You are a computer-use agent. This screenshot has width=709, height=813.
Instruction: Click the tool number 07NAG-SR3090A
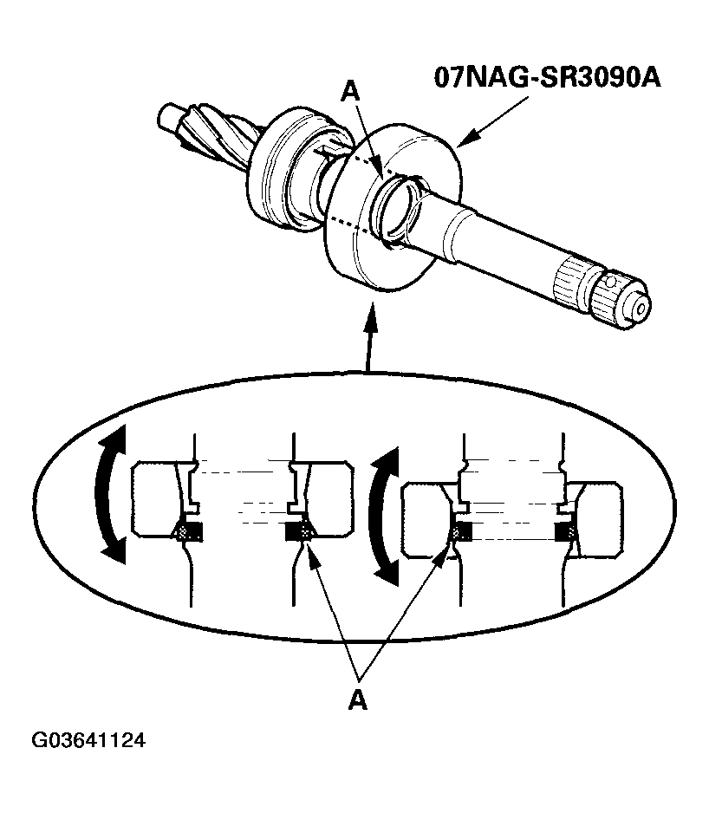[548, 77]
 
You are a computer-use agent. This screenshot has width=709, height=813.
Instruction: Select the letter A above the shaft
[349, 91]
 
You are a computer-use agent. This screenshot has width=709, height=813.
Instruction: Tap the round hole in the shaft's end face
[641, 306]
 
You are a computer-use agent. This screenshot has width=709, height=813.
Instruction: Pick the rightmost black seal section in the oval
[568, 531]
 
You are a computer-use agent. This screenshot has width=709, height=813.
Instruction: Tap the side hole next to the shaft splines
[613, 282]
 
